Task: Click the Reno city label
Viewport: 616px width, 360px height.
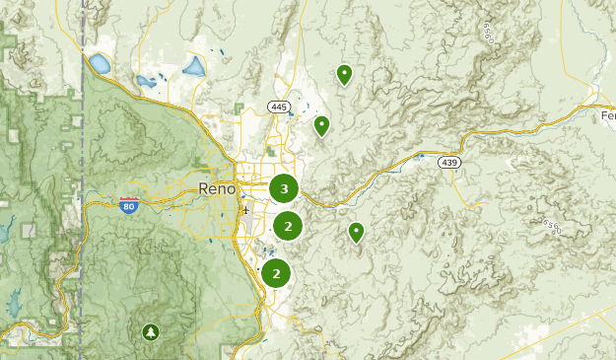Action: click(217, 188)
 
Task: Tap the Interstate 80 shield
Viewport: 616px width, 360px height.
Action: click(128, 204)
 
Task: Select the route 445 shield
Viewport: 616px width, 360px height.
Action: click(277, 107)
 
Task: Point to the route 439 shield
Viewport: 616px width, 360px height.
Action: click(450, 163)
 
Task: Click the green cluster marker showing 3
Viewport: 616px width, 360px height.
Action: click(284, 188)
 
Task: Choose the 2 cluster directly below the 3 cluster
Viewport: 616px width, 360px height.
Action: click(287, 226)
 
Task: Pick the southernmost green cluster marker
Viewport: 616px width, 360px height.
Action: click(276, 273)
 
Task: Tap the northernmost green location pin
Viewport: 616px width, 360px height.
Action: click(344, 74)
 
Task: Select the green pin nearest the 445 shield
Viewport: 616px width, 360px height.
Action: click(321, 125)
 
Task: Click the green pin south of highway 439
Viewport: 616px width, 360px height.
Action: click(356, 232)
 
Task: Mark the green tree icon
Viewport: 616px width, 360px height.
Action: click(150, 331)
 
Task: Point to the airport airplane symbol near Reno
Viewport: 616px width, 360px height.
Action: click(244, 210)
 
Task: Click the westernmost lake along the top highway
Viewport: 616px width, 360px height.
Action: click(100, 65)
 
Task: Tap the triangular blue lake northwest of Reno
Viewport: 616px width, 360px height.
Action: click(194, 67)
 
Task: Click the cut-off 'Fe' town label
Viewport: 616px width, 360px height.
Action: click(607, 115)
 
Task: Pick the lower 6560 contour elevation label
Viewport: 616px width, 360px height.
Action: click(552, 228)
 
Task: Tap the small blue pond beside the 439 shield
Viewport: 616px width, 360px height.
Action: click(421, 156)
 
